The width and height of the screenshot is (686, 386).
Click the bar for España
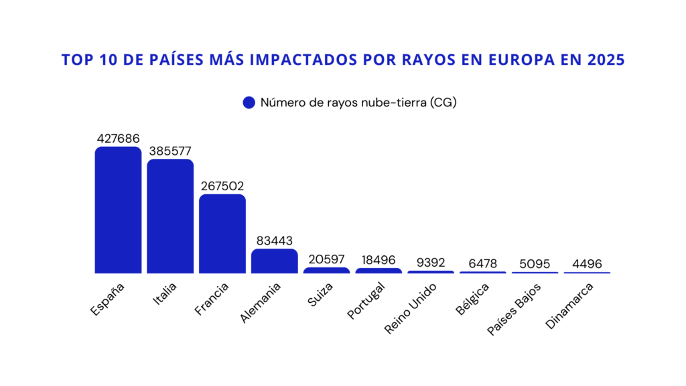pyautogui.click(x=118, y=210)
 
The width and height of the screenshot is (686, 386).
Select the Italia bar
pyautogui.click(x=170, y=216)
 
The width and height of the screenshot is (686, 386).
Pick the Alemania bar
pyautogui.click(x=275, y=261)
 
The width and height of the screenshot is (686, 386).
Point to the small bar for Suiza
pyautogui.click(x=326, y=270)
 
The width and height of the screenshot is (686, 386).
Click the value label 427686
pyautogui.click(x=118, y=139)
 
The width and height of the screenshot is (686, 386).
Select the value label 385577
pyautogui.click(x=170, y=151)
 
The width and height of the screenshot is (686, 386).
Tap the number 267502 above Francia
pyautogui.click(x=222, y=186)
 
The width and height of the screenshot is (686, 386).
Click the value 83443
pyautogui.click(x=275, y=241)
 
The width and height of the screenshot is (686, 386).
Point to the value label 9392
pyautogui.click(x=431, y=263)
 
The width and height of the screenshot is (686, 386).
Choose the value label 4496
pyautogui.click(x=588, y=264)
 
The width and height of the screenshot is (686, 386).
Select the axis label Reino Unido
pyautogui.click(x=411, y=308)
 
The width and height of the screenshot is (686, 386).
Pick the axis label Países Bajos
pyautogui.click(x=514, y=308)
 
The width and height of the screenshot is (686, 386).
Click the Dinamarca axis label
pyautogui.click(x=569, y=306)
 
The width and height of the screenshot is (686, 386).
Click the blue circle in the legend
pyautogui.click(x=249, y=103)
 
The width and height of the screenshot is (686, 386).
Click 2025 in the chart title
pyautogui.click(x=606, y=60)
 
